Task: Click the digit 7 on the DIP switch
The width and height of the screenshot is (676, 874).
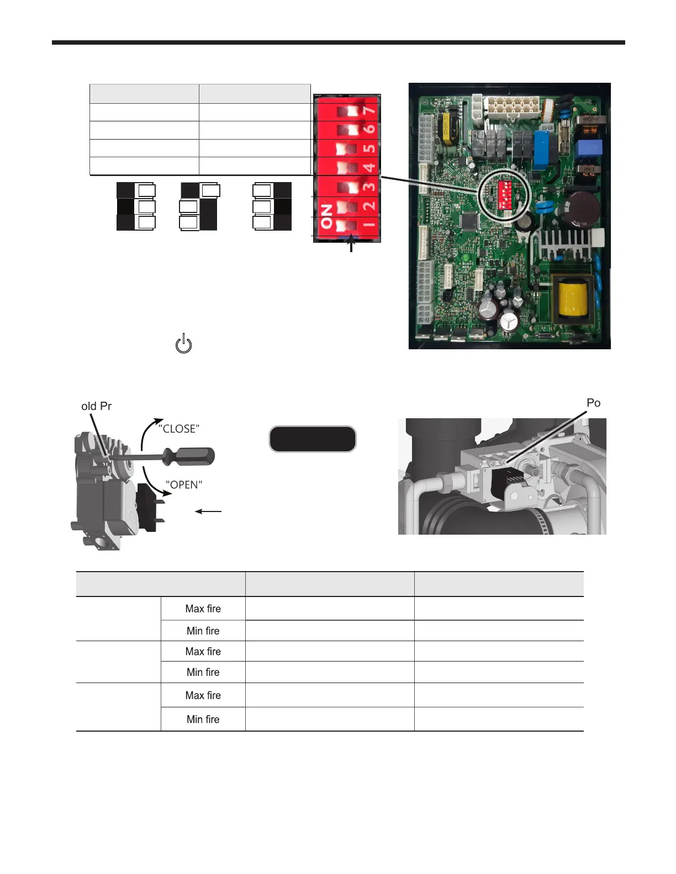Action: coord(370,110)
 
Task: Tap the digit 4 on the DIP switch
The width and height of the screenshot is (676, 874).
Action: coord(370,166)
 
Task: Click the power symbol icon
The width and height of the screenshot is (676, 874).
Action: coord(183,344)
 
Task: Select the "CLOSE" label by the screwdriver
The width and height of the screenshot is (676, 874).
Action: coord(179,429)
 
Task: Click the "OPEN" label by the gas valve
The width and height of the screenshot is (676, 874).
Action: coord(184,484)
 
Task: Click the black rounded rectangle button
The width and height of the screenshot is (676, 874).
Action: coord(313,439)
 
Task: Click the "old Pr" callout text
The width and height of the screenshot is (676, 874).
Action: coord(96,406)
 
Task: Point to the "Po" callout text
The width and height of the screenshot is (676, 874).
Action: coord(593,403)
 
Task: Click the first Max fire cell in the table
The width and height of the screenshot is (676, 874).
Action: coord(203,609)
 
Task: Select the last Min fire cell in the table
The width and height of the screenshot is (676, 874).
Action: coord(203,719)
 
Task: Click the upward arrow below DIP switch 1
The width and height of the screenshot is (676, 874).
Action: coord(351,246)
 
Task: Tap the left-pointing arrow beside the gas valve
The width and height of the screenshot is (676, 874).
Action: coord(208,511)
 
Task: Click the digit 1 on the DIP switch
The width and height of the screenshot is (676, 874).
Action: coord(370,223)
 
